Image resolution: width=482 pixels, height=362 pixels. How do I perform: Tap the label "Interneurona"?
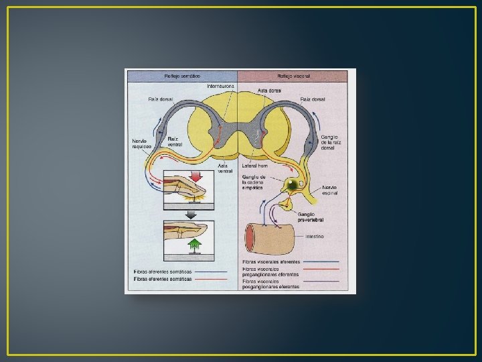coord(221,86)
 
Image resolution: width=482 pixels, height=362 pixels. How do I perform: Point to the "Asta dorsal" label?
coord(269,90)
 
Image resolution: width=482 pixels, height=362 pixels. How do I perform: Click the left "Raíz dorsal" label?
coord(161,99)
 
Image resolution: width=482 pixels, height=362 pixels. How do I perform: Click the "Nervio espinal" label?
coord(330,190)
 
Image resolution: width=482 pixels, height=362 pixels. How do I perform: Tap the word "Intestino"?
coord(315,236)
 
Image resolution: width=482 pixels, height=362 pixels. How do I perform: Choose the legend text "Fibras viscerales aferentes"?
coord(271,261)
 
